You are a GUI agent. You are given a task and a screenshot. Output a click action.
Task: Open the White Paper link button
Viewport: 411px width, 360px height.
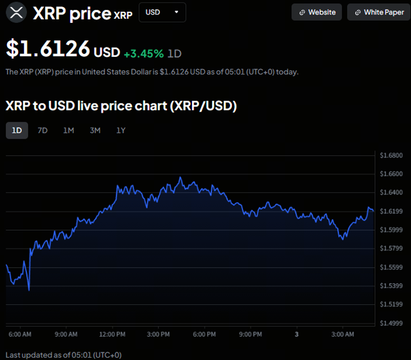(378, 12)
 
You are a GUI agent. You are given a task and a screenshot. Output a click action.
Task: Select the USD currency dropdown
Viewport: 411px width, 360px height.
(162, 12)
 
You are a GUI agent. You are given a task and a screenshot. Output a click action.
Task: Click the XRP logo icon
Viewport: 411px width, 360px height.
(17, 12)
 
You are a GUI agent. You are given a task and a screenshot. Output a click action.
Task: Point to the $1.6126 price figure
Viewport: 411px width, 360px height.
(48, 49)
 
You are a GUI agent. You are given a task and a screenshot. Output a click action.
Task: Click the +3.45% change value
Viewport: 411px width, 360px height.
(143, 53)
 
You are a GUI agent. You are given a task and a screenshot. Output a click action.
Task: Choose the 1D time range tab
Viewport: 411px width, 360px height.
(17, 130)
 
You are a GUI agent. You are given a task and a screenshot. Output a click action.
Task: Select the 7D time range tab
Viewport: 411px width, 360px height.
(42, 130)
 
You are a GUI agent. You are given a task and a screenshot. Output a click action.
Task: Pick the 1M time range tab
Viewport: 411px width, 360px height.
(69, 130)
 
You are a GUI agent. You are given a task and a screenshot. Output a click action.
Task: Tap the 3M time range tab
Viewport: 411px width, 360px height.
(95, 130)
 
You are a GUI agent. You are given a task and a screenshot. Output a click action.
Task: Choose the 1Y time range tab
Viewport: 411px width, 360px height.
(121, 130)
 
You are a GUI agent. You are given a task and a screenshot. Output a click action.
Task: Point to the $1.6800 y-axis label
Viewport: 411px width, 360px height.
(390, 156)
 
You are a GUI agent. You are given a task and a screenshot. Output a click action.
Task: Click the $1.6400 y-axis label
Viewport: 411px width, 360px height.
(390, 193)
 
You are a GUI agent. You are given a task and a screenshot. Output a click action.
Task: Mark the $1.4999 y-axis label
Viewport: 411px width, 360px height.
(390, 324)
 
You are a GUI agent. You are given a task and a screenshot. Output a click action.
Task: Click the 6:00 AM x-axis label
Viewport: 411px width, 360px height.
(19, 334)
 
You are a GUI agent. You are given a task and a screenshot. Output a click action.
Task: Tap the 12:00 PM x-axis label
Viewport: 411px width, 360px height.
(112, 334)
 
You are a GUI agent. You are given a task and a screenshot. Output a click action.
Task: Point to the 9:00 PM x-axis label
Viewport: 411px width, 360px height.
(251, 334)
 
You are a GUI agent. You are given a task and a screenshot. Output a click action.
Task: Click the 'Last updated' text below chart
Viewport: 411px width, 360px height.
(63, 355)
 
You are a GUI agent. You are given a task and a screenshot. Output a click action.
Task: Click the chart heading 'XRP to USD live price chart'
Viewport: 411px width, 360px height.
(121, 106)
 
